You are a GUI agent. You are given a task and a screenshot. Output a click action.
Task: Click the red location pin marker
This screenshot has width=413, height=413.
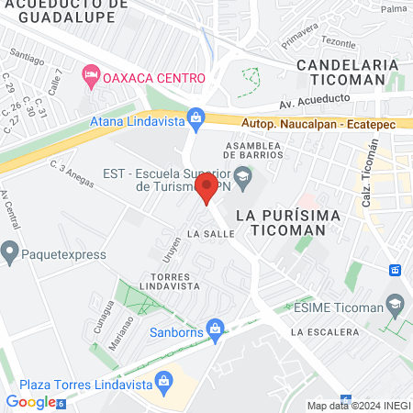(206, 189)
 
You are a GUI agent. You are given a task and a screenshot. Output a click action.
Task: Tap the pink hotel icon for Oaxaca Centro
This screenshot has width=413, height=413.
(91, 74)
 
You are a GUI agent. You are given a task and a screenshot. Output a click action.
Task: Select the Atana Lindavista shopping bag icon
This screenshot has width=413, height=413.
(195, 117)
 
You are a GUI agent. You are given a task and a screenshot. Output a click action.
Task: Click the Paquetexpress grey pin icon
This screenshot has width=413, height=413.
(11, 249)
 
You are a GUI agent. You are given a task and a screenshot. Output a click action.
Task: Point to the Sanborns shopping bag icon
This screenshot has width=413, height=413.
(215, 328)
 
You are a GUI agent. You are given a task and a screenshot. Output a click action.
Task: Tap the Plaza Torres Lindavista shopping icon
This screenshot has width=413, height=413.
(163, 379)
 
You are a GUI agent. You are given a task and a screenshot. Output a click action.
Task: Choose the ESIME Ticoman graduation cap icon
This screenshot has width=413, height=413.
(396, 304)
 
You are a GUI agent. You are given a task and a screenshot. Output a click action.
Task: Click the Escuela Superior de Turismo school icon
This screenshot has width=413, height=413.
(242, 178)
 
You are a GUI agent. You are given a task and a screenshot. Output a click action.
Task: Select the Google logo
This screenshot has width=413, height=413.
(32, 402)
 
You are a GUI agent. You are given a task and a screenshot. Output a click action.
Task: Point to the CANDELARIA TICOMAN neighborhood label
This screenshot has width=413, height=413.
(349, 73)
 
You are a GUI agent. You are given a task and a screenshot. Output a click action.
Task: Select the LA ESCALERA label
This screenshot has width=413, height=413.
(326, 331)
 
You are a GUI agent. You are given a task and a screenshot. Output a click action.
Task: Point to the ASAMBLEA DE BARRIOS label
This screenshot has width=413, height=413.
(261, 151)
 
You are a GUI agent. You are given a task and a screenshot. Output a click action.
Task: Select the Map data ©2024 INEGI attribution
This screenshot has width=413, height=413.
(358, 406)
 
